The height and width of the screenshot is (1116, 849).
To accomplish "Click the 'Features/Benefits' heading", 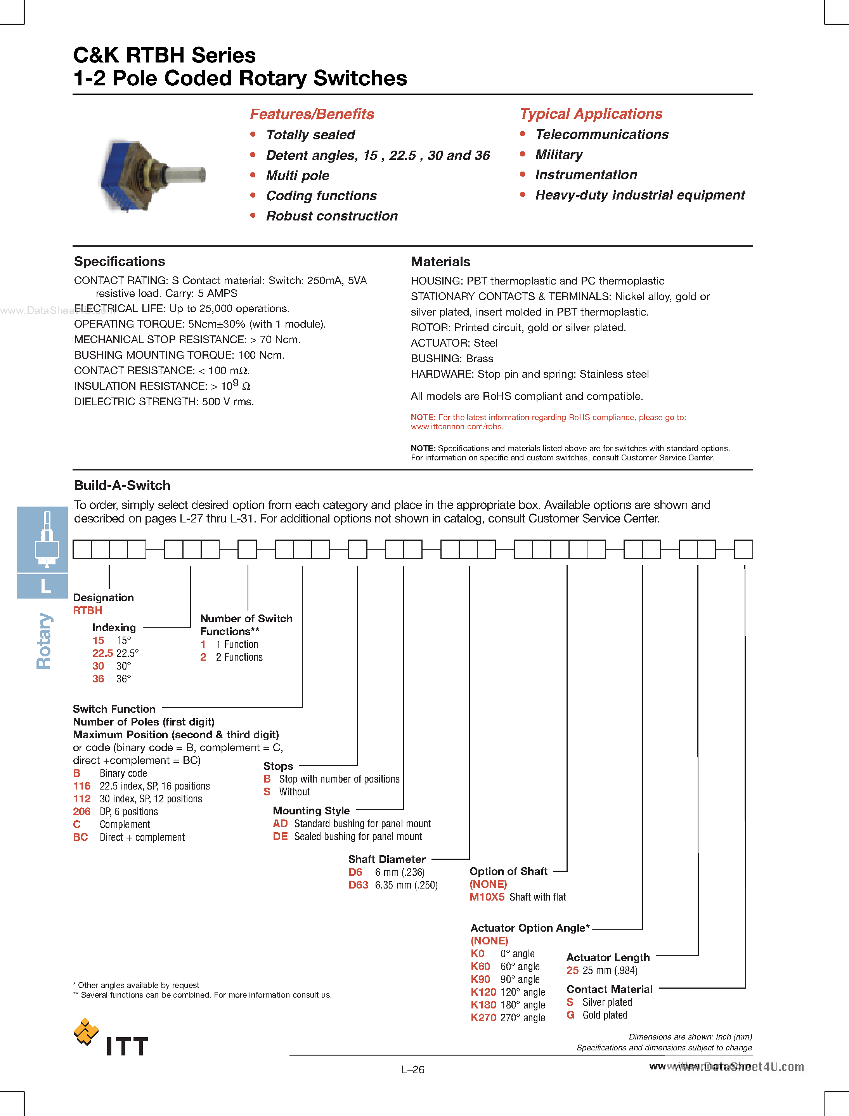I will [x=312, y=114].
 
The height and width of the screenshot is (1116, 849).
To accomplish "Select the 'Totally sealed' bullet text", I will [x=310, y=135].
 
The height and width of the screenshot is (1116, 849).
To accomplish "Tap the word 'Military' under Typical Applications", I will [x=558, y=154].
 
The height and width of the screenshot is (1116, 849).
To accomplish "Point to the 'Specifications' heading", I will [x=119, y=261].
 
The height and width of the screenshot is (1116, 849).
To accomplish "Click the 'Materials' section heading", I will [x=440, y=262].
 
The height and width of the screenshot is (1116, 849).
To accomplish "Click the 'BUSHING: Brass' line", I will [x=452, y=358].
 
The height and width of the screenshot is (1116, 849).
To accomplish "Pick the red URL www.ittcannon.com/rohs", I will [x=456, y=427].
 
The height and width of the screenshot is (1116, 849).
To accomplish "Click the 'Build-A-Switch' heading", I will [x=122, y=485].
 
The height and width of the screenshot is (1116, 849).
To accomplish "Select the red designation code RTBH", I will [x=87, y=611].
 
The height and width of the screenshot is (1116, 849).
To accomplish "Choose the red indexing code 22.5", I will [x=102, y=653].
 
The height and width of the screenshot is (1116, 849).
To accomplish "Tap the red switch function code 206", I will [x=81, y=812].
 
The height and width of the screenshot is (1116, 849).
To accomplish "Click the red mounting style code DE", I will [x=280, y=837].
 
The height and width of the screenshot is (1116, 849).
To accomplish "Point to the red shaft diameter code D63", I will [x=358, y=885].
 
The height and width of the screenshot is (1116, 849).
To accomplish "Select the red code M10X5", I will [x=487, y=897].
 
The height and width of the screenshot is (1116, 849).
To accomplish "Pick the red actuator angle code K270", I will [x=483, y=1018].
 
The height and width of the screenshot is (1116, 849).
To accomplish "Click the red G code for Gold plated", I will [x=570, y=1015].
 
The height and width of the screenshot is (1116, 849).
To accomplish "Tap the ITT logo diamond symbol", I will [x=86, y=1031].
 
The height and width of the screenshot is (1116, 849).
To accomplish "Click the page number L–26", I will [x=412, y=1069].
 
